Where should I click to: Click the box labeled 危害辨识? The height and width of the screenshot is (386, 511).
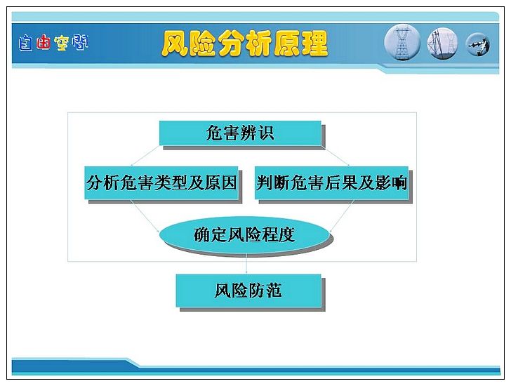(x=240, y=133)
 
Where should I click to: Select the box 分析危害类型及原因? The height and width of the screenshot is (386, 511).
(x=161, y=182)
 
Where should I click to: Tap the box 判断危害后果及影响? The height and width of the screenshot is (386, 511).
(x=331, y=182)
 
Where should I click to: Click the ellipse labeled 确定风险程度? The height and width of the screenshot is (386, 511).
(x=244, y=234)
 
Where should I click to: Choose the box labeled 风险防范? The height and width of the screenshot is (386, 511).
(x=248, y=291)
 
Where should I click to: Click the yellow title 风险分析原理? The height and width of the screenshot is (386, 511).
(x=244, y=44)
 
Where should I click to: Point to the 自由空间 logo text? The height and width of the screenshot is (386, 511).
(x=53, y=43)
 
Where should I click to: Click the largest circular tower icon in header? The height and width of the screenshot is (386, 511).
(x=402, y=43)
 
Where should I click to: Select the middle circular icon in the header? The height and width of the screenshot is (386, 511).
(x=442, y=44)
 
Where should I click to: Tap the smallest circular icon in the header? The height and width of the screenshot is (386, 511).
(x=478, y=45)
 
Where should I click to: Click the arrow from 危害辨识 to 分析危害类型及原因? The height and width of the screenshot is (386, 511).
(x=146, y=156)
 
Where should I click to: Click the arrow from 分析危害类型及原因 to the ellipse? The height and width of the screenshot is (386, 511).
(x=145, y=216)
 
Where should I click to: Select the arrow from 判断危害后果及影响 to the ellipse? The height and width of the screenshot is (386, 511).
(x=342, y=216)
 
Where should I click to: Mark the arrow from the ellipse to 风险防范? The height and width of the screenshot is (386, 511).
(x=246, y=263)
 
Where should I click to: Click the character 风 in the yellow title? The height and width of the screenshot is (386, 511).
(x=175, y=44)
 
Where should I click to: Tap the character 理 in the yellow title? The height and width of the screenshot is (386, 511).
(x=314, y=44)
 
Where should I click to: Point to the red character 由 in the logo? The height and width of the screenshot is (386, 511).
(x=44, y=42)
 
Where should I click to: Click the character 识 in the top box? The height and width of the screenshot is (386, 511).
(x=266, y=133)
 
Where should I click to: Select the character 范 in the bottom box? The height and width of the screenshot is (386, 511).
(x=274, y=291)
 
